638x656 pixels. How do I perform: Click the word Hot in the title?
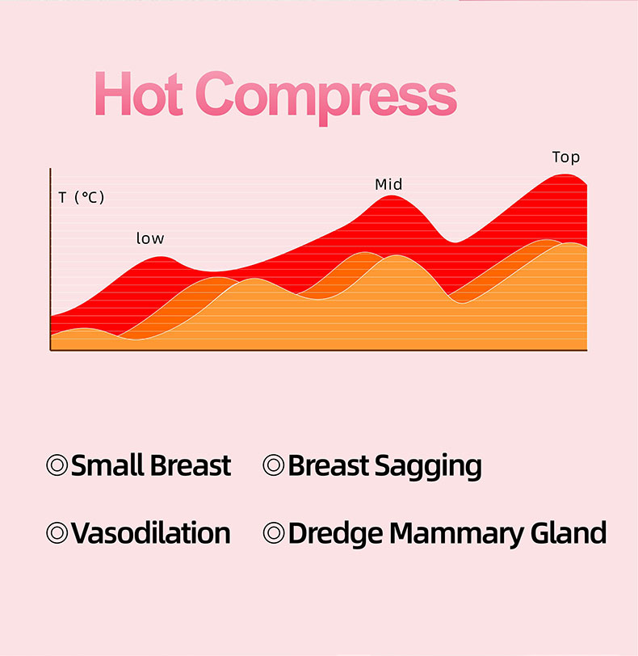coord(139,94)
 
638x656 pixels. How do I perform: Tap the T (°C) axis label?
coord(81,197)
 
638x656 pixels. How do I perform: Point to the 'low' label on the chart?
coord(150,238)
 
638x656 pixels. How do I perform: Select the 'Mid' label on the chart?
coord(388,184)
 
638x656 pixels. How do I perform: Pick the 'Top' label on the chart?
coord(566,158)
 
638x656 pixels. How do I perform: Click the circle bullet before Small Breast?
coord(57,465)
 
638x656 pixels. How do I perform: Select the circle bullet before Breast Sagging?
coord(274,465)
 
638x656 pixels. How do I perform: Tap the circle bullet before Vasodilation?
coord(57,532)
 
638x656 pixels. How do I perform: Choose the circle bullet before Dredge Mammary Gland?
coord(274,532)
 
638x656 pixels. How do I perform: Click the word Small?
coord(108,465)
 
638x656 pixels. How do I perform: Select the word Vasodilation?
coord(151,533)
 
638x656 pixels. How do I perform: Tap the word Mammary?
coord(456,535)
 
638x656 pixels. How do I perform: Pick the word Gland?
coord(569,533)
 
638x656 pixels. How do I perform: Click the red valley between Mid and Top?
coord(455,242)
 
